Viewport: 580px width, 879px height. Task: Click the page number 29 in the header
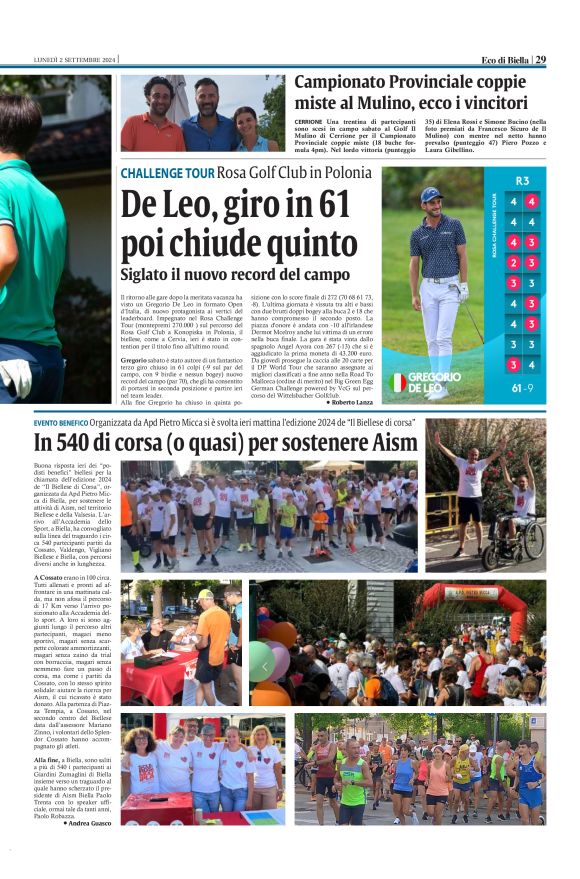540,59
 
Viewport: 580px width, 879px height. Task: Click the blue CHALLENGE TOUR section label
167,173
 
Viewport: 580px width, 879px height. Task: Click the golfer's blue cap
430,194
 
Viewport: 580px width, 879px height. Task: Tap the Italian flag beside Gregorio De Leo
398,382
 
